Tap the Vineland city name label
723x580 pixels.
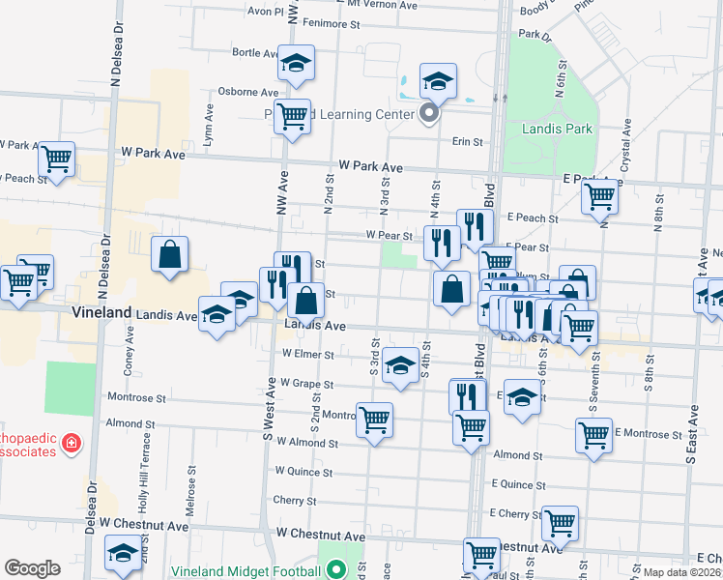pos(101,313)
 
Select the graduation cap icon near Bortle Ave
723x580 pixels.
pos(296,63)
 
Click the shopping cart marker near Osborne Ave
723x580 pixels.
pos(292,117)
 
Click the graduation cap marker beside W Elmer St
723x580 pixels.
pos(400,363)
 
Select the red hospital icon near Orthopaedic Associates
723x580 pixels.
pos(70,444)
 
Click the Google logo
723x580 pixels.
pos(32,567)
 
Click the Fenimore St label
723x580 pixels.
pos(331,21)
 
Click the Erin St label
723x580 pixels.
pos(468,142)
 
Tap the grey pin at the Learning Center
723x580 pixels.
pos(430,115)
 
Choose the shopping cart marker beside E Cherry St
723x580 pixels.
pos(560,522)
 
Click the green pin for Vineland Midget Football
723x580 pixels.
pos(335,569)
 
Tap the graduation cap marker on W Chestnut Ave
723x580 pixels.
pos(123,554)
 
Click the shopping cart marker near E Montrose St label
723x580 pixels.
pos(593,435)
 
